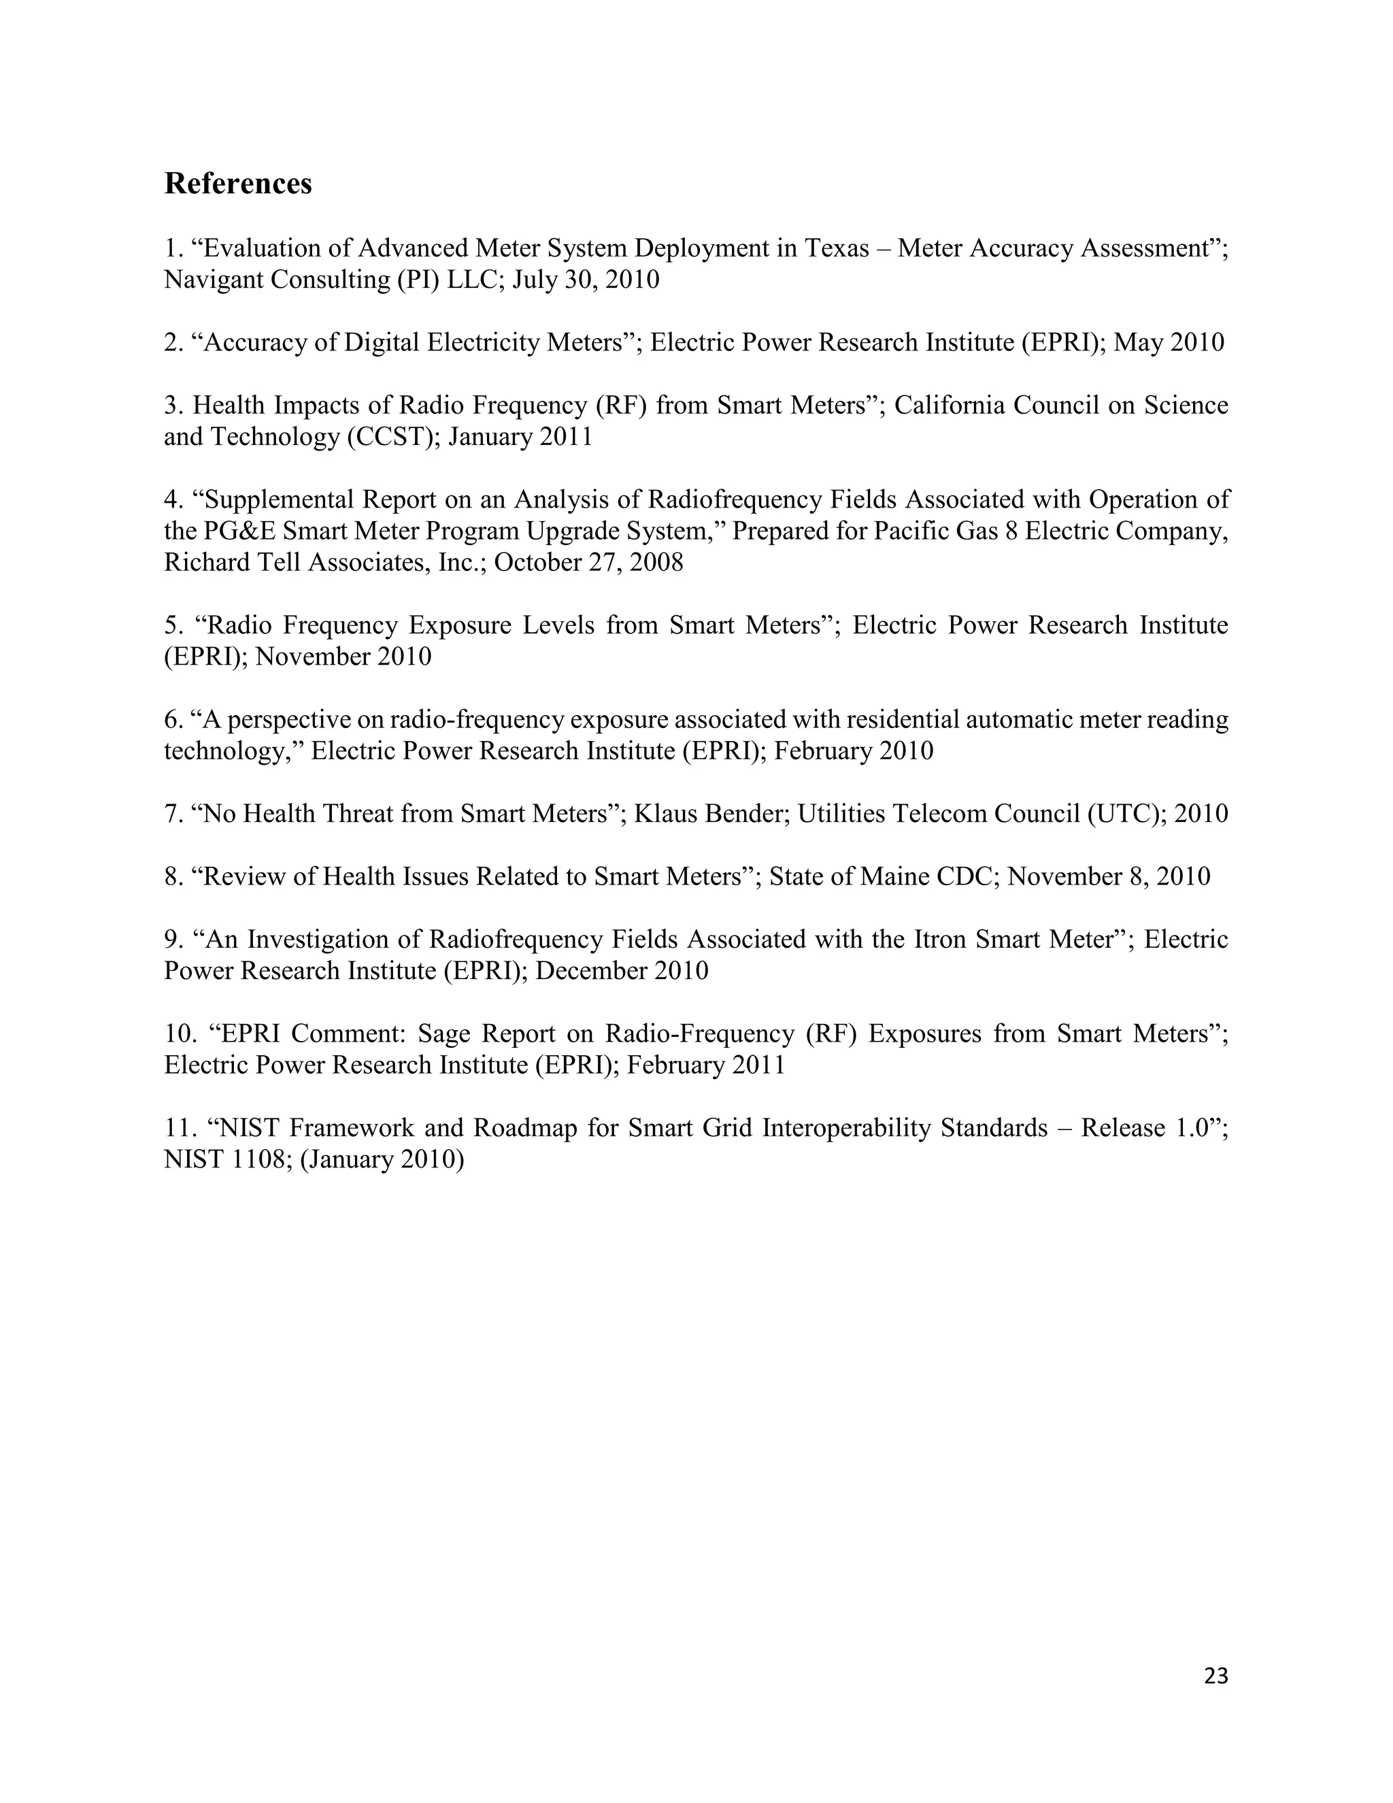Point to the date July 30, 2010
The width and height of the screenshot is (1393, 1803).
point(586,280)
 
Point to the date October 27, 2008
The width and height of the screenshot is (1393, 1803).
point(588,562)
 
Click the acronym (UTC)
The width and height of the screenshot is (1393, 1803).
point(1122,814)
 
